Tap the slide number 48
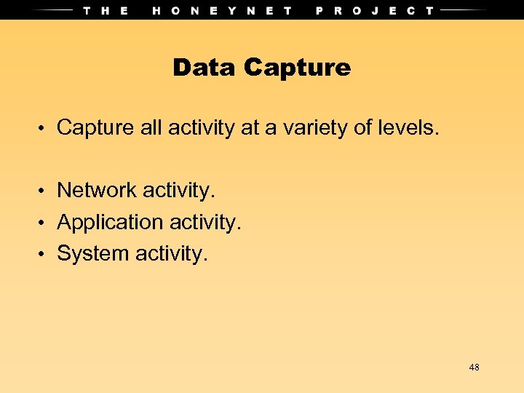[x=474, y=368]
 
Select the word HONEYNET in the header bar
[x=223, y=10]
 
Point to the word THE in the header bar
[x=106, y=10]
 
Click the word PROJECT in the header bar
[x=375, y=10]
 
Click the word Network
[x=97, y=190]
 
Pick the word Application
[x=106, y=222]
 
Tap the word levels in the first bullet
[x=408, y=128]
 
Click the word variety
[x=307, y=128]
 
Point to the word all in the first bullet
[x=151, y=128]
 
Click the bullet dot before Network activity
[x=44, y=191]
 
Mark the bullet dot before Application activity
[x=44, y=223]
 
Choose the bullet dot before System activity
[x=44, y=255]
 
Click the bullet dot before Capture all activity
[x=44, y=129]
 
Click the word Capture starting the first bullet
[x=95, y=128]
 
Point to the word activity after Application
[x=202, y=222]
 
